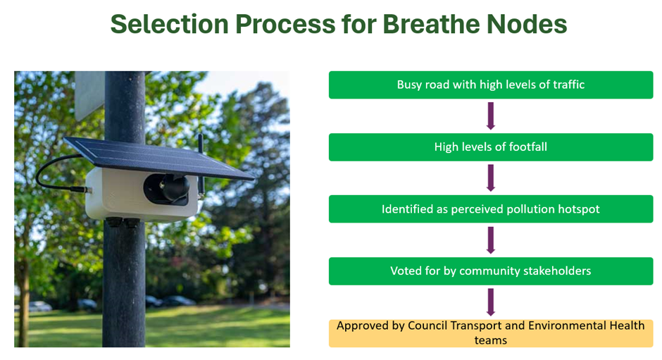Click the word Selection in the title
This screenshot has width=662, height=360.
point(169,24)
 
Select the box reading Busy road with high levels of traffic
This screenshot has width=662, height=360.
point(491,85)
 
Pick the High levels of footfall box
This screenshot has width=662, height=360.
point(491,147)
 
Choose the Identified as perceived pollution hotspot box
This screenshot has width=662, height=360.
point(491,209)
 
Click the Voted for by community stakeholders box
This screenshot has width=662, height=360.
point(491,271)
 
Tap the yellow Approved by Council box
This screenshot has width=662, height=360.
point(491,333)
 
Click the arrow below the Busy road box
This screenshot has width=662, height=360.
point(491,116)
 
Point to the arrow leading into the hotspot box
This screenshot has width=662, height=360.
point(491,178)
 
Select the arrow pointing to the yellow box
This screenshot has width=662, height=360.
point(491,302)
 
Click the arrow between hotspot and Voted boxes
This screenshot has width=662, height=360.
point(491,240)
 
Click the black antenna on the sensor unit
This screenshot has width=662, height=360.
point(201,165)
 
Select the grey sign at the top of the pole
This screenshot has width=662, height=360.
point(89,95)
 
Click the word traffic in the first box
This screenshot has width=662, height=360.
point(569,85)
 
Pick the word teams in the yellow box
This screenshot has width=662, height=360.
point(491,340)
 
